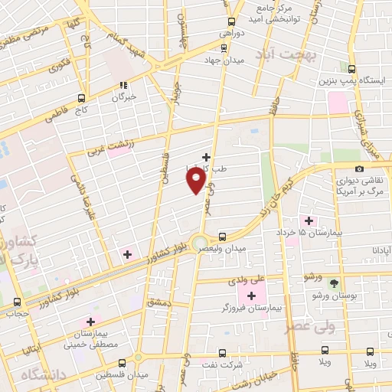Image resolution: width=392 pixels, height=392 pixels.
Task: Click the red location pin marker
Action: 197,181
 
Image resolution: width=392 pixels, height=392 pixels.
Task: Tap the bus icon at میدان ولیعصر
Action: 222,237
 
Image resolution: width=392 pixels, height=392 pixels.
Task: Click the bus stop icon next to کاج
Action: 81,98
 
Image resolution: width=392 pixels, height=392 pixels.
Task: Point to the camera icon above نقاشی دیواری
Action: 359,168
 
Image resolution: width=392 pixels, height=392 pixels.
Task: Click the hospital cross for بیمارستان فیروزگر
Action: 252,294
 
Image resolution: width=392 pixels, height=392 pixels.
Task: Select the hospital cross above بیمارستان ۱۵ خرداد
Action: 309,220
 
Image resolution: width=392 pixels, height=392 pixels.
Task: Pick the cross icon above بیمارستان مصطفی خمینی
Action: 91,322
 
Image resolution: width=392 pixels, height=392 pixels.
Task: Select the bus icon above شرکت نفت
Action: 222,353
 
